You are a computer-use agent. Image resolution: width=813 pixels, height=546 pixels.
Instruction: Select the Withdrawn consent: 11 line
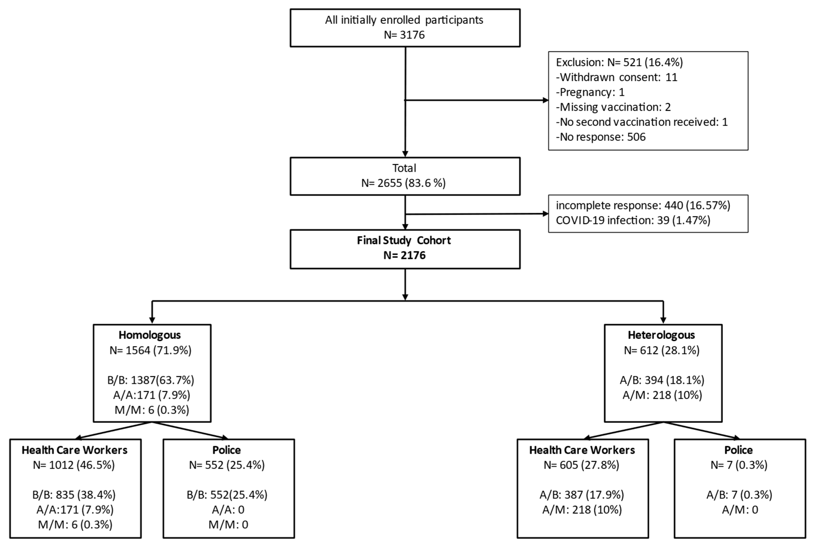(x=616, y=77)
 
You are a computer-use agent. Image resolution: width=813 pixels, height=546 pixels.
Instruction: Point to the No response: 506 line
(x=600, y=137)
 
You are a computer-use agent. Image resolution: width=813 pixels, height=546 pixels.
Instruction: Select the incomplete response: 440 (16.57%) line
(x=643, y=205)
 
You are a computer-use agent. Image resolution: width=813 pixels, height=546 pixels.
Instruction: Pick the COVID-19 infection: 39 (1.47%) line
(x=633, y=220)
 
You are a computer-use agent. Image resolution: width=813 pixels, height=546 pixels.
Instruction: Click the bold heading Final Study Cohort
(x=404, y=240)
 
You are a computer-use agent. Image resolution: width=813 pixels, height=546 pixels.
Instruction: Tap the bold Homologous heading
(x=150, y=335)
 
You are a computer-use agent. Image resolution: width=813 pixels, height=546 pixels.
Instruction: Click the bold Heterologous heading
(x=661, y=335)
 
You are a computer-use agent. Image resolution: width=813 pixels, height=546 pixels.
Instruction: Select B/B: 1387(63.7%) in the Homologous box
(x=150, y=380)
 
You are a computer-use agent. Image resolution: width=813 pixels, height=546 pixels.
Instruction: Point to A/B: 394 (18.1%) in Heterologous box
(x=662, y=380)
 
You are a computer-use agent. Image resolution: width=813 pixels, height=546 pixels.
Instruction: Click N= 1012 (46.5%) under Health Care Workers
(x=74, y=465)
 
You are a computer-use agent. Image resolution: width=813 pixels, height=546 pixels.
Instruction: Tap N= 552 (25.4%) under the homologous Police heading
(x=227, y=465)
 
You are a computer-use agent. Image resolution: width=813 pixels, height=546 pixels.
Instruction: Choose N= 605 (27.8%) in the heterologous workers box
(x=581, y=465)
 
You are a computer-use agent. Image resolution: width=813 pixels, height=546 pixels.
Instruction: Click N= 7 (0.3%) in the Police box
(x=738, y=465)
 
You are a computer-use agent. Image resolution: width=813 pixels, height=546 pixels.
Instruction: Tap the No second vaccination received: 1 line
(x=641, y=122)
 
